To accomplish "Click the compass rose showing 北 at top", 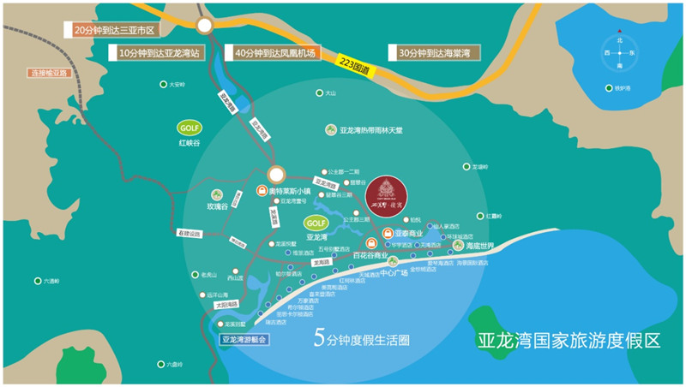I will point(619,53).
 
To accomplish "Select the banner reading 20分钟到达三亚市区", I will point(113,30).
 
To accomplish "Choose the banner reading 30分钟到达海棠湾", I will point(434,53).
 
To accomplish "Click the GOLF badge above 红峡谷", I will point(189,128).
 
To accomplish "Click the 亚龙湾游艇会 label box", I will point(244,339).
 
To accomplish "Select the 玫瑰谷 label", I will point(217,206).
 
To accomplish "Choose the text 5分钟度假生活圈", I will point(362,339).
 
